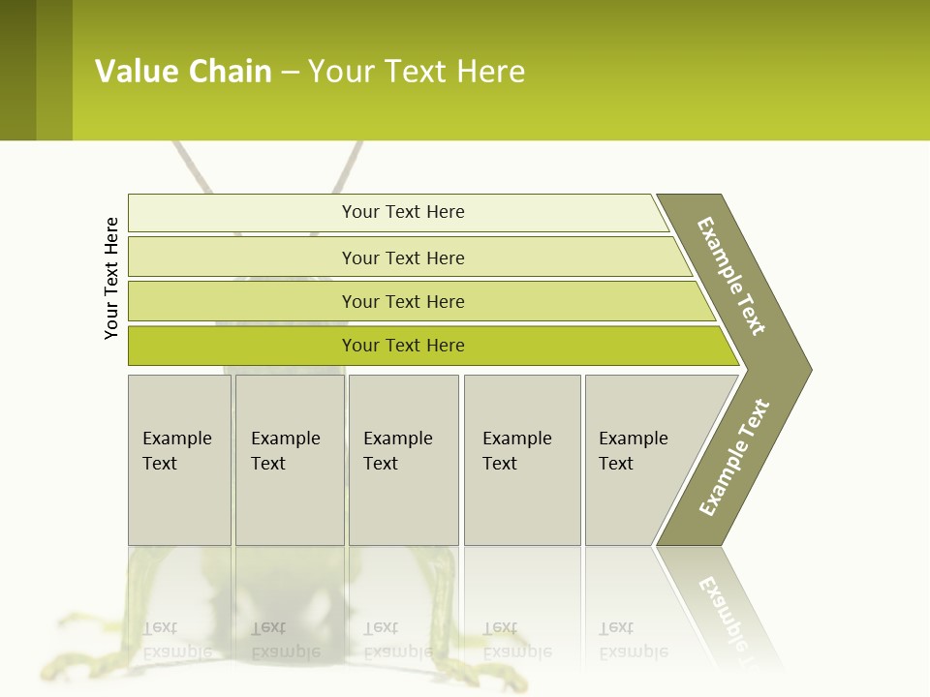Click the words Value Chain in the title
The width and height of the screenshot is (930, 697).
coord(183,72)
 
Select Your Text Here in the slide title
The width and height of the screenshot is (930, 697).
coord(417,72)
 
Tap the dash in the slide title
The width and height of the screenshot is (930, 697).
coord(290,73)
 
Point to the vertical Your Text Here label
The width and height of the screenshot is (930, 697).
coord(111,278)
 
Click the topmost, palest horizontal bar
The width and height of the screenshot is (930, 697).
coord(397,212)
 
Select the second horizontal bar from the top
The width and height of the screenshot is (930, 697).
coord(407,258)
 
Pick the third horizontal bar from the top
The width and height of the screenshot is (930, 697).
coord(417,301)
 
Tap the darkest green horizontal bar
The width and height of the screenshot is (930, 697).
coord(426,346)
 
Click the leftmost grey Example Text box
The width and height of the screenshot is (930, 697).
coord(179,460)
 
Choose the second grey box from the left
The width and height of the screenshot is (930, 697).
coord(290,460)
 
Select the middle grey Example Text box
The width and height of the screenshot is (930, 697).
coord(403,460)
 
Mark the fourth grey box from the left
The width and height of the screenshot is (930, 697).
coord(522,460)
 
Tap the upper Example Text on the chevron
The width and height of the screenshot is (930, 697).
coord(732,276)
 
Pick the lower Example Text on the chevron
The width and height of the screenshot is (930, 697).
coord(734,458)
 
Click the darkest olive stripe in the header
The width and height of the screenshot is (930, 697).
coord(17,70)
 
